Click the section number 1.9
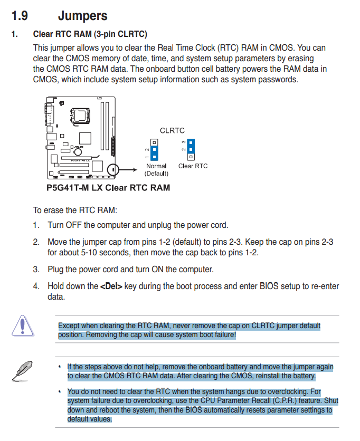pos(20,16)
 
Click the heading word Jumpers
pos(82,16)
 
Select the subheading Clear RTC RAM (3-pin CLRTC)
pos(90,34)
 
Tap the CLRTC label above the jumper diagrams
pos(172,130)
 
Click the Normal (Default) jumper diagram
pos(154,150)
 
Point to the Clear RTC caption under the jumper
pos(193,166)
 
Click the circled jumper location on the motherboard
pos(112,170)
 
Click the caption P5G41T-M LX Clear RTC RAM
pos(108,187)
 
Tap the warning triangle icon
pos(22,325)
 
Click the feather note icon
pos(20,369)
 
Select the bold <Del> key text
pos(111,286)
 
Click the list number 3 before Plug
pos(36,270)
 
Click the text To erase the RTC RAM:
pos(75,210)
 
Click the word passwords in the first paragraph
pos(280,80)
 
